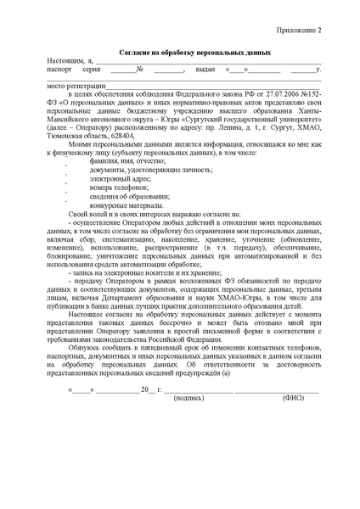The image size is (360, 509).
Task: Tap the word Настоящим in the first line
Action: click(65, 61)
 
